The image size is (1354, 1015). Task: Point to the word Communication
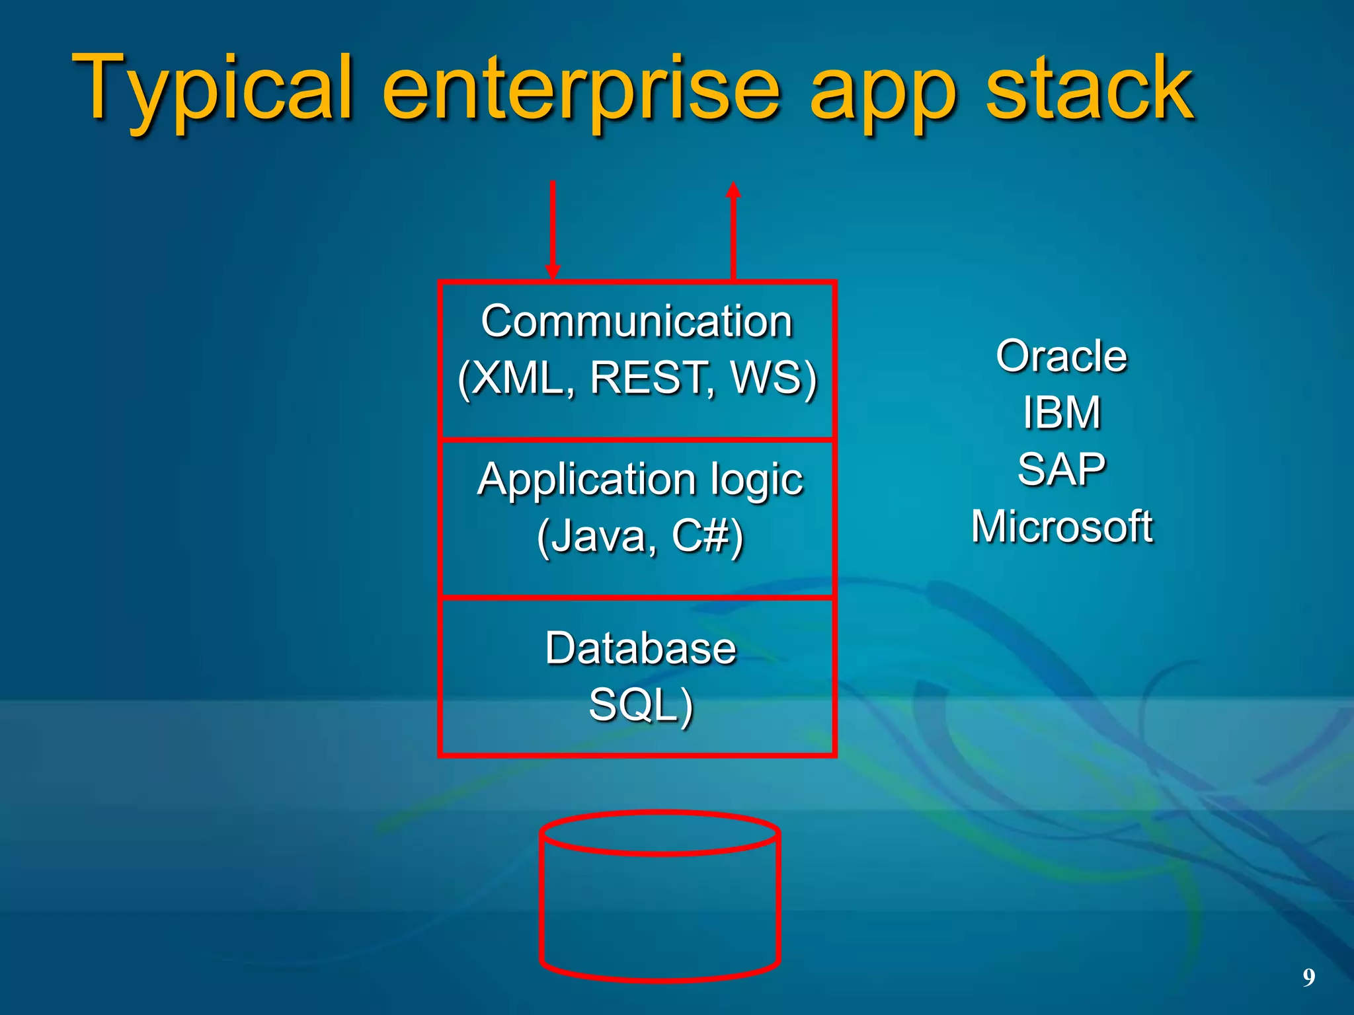637,322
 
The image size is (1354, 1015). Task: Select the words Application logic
640,479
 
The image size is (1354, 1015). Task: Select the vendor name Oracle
1061,356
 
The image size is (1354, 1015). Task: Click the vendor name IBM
1061,412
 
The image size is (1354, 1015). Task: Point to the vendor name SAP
1061,469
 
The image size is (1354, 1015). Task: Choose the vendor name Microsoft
1061,527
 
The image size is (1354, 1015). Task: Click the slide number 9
1308,977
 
